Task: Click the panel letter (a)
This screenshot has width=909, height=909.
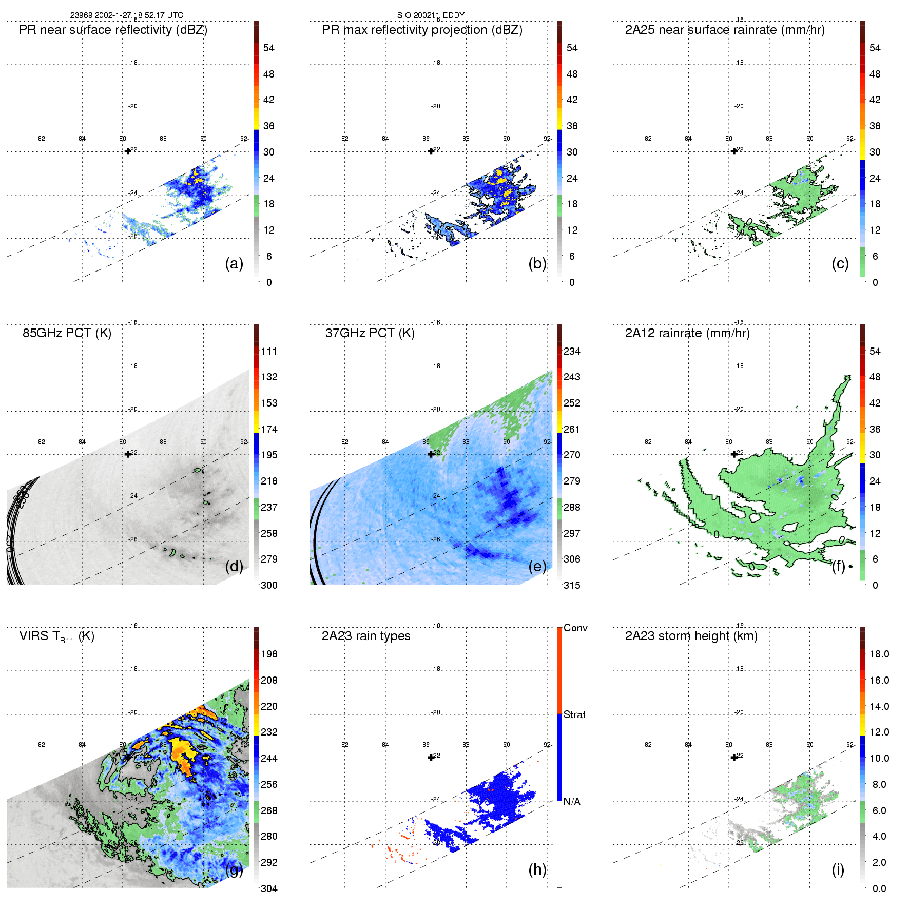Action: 234,264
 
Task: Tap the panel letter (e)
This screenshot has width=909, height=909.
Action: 537,567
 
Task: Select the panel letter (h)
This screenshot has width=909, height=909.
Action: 537,869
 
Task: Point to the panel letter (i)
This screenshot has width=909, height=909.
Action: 838,869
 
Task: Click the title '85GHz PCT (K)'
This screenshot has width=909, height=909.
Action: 67,333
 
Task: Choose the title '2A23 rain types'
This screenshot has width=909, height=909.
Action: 366,636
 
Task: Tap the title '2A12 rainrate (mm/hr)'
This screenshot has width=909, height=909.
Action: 687,333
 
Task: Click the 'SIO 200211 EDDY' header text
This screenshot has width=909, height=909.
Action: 431,15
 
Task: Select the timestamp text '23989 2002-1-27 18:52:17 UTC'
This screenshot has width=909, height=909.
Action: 127,15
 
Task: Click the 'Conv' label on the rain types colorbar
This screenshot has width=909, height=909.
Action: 575,628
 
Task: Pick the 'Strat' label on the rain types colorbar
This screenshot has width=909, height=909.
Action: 574,715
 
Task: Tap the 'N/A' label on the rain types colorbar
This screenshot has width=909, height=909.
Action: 572,802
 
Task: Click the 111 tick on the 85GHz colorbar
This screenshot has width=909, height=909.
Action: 269,352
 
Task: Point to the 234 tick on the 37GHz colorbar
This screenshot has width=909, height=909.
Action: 572,352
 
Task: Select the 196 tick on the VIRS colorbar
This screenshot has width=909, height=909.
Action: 269,654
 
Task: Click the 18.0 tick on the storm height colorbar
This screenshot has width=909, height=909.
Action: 879,654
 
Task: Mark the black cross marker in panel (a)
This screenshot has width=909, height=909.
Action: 128,151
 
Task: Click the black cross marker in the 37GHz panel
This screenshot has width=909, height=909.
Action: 431,454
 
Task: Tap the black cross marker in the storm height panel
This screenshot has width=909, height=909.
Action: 734,757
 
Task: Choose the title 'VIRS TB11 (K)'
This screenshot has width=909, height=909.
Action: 56,636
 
